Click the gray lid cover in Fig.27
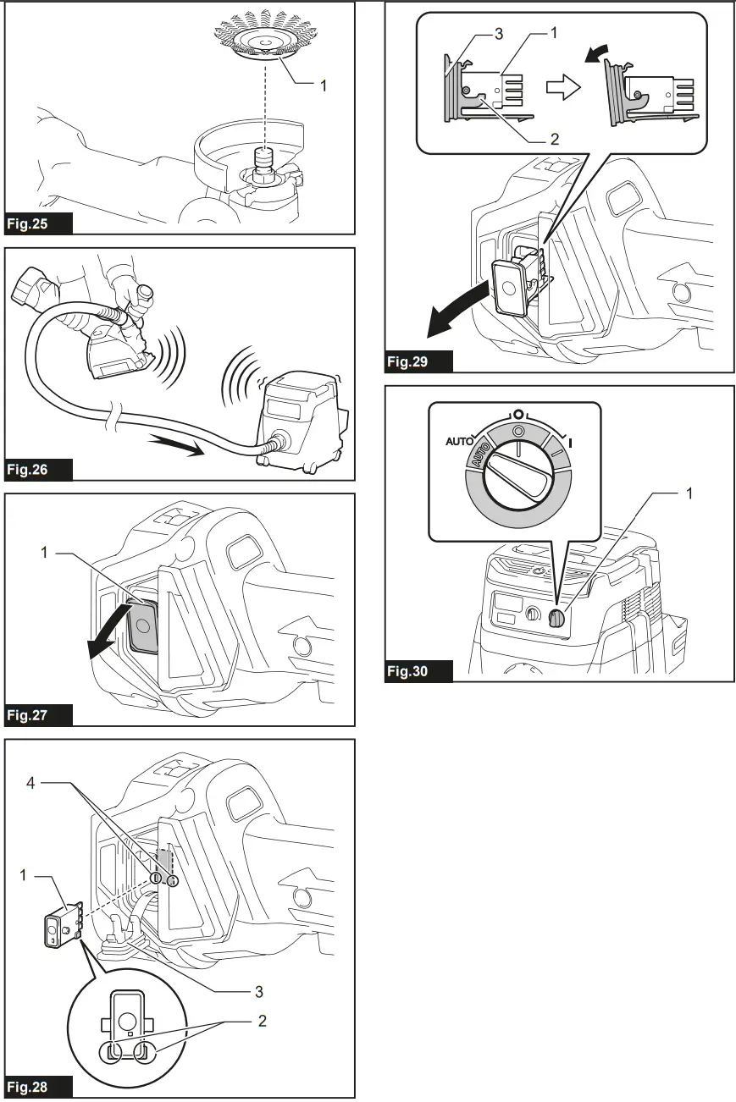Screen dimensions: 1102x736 (x=141, y=625)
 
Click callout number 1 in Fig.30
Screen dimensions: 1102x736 (x=689, y=493)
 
